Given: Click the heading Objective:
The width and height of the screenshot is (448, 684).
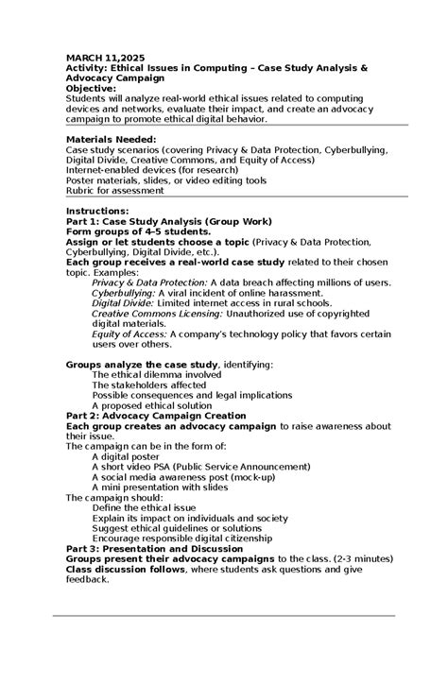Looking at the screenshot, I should click(x=91, y=88).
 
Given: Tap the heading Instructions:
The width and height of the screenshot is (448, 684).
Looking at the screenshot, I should click(x=97, y=210).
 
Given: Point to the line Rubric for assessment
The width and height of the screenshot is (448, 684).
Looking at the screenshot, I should click(x=114, y=190).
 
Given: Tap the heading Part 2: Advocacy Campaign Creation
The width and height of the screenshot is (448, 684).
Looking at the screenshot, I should click(x=156, y=415).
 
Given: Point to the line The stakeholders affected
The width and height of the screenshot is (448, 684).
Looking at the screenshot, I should click(x=148, y=385).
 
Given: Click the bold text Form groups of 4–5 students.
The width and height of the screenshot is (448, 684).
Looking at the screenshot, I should click(x=138, y=231).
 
